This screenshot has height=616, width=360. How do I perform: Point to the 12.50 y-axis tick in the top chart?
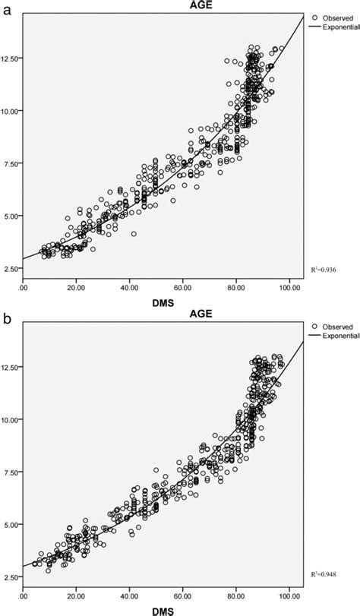[x=11, y=58]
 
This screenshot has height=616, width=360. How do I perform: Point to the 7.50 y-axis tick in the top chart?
[x=11, y=163]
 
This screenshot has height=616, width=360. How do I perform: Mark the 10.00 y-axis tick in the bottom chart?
[x=11, y=419]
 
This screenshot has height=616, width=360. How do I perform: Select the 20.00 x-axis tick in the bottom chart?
[x=76, y=596]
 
